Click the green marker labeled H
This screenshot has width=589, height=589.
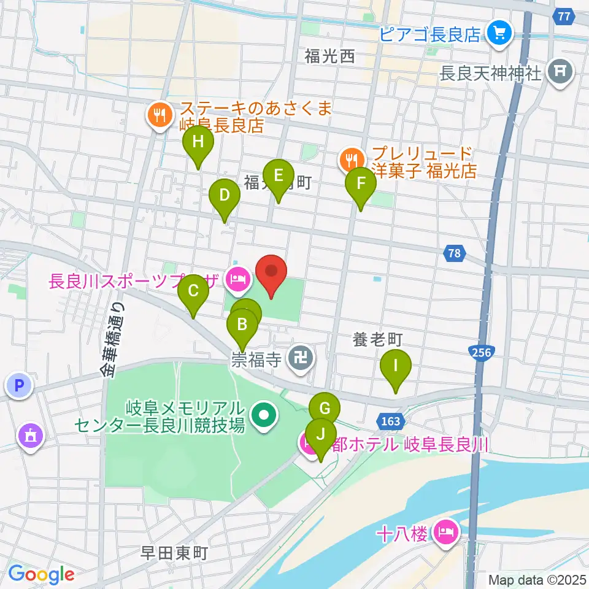pyautogui.click(x=198, y=143)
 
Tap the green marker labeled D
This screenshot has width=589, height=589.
pyautogui.click(x=225, y=196)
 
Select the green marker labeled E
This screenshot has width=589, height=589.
pyautogui.click(x=279, y=177)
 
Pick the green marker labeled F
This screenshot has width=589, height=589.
pyautogui.click(x=361, y=184)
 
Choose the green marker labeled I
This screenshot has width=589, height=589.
pyautogui.click(x=396, y=366)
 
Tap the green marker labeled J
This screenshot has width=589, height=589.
pyautogui.click(x=320, y=435)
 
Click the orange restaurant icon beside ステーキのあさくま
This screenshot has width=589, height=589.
pyautogui.click(x=160, y=115)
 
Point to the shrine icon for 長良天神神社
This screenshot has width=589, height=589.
pyautogui.click(x=560, y=73)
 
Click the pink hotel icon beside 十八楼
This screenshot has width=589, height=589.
pyautogui.click(x=446, y=532)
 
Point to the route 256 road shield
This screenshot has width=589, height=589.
pyautogui.click(x=482, y=352)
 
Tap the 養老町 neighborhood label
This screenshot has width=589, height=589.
pyautogui.click(x=377, y=338)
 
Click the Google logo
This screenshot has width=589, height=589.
pyautogui.click(x=41, y=574)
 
